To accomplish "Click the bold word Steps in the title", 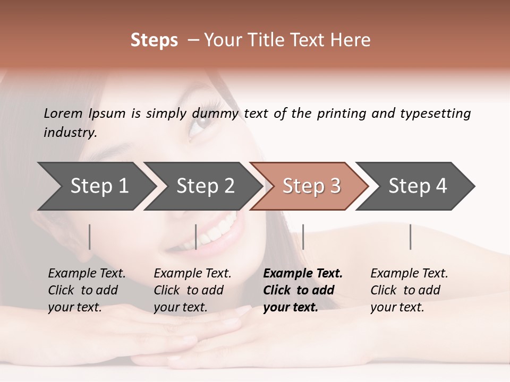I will [154, 40].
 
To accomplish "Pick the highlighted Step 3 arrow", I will [310, 186].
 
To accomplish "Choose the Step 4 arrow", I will [416, 186].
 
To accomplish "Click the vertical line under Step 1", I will [90, 237].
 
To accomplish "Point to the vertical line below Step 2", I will [196, 237].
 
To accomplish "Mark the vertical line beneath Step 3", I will [303, 237].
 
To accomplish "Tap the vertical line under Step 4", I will [410, 237].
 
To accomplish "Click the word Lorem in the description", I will [63, 114].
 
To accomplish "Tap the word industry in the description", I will [70, 133].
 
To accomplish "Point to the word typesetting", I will [435, 114].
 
